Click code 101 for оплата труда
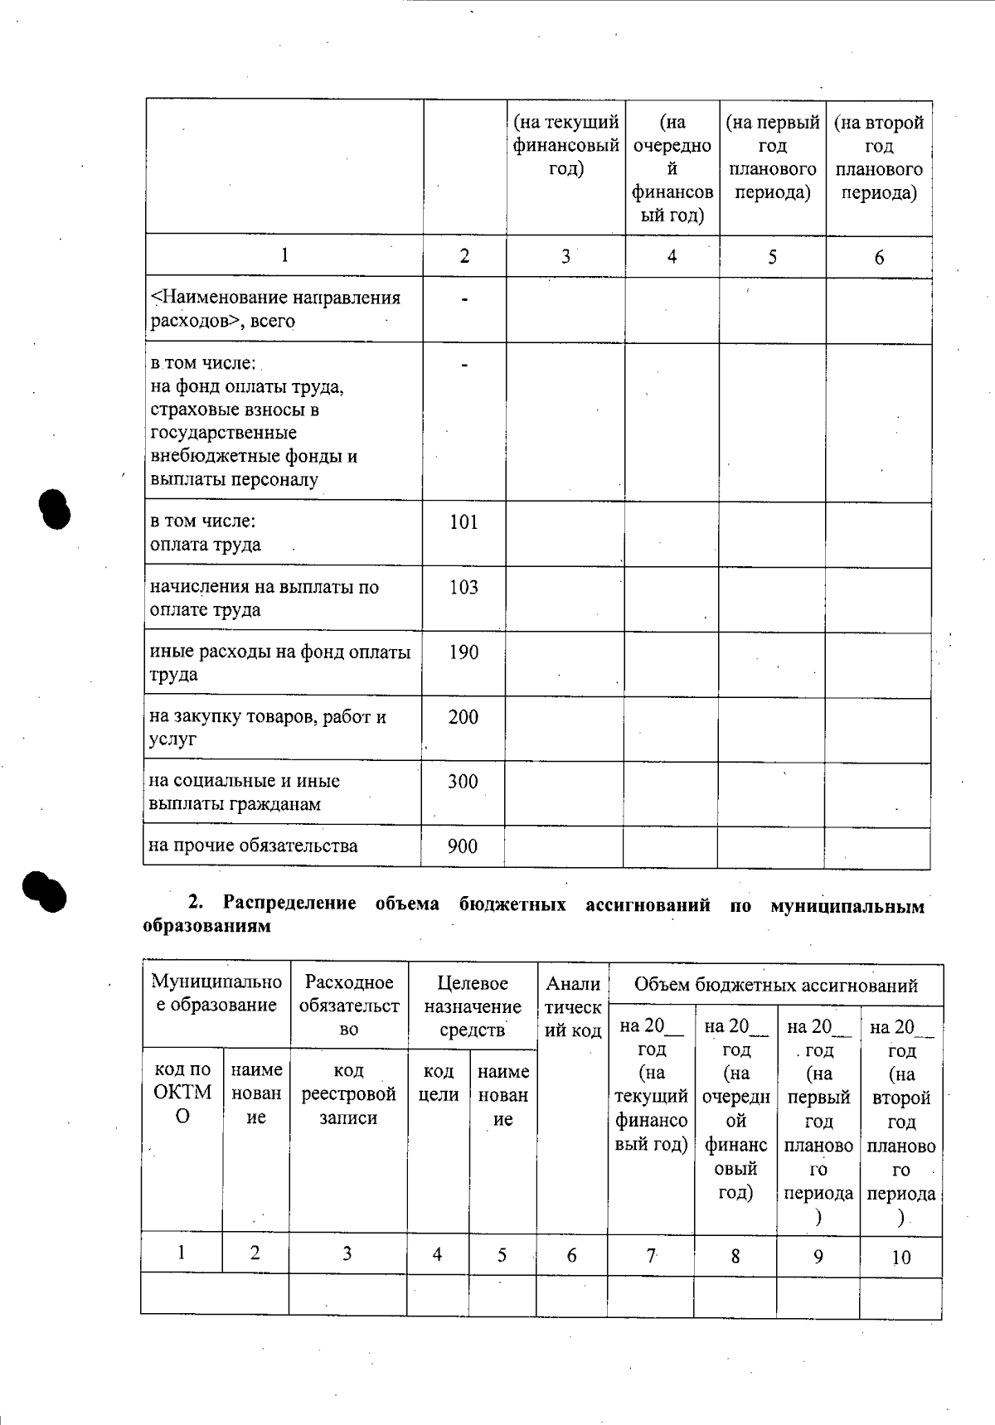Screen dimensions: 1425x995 tap(464, 522)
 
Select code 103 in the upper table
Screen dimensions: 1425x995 tap(464, 588)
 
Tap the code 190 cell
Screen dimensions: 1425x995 tap(464, 652)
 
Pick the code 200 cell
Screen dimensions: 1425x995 tap(464, 717)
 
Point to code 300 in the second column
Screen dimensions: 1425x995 tap(463, 782)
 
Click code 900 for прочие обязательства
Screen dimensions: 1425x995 tap(463, 846)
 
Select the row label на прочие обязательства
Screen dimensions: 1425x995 tap(253, 846)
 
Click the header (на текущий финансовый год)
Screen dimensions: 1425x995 tap(565, 146)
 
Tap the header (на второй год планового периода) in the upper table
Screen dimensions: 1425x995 tap(879, 158)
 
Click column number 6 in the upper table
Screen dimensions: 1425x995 tap(879, 257)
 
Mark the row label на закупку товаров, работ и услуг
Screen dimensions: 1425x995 tap(267, 728)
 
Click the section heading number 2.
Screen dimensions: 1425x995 tap(196, 904)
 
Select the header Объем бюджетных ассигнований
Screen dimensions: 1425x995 tap(775, 986)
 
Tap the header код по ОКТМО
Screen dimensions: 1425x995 tap(182, 1093)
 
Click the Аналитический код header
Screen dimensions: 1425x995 tap(573, 1007)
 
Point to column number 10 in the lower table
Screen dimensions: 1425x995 tap(900, 1258)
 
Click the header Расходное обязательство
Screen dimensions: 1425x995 tap(349, 1006)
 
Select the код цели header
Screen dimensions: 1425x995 tap(439, 1083)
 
